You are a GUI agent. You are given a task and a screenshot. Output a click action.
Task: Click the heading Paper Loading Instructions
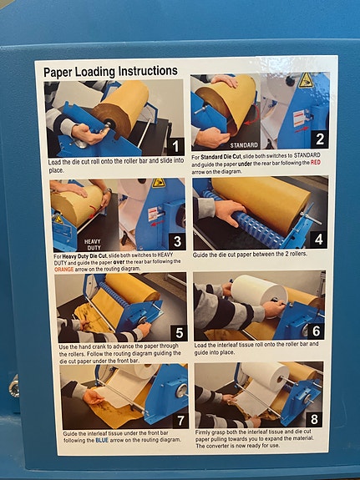click(110, 71)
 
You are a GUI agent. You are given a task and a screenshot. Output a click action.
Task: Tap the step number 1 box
click(175, 146)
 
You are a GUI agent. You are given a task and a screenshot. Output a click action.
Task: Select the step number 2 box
click(320, 139)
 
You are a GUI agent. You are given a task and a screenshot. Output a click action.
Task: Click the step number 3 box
click(177, 241)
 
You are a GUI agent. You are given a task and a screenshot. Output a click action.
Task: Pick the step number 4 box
click(318, 240)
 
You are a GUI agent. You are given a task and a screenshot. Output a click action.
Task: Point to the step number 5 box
click(180, 332)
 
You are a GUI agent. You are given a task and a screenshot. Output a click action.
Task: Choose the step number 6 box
click(316, 331)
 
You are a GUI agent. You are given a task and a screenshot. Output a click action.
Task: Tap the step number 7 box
click(180, 420)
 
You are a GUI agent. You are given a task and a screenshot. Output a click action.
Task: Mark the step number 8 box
click(314, 419)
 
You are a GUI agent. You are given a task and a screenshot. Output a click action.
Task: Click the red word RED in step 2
click(316, 163)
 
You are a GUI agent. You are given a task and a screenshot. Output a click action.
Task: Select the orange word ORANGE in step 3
click(64, 270)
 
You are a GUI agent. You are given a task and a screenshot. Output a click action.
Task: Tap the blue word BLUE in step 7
click(102, 440)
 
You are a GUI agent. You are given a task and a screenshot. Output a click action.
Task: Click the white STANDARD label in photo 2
click(244, 144)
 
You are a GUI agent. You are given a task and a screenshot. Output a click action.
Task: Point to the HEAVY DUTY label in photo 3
click(92, 245)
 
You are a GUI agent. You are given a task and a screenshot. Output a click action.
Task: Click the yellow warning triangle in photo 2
click(306, 80)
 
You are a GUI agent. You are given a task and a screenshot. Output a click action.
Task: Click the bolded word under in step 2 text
click(245, 164)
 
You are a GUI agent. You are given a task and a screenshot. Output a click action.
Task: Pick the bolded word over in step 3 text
click(119, 262)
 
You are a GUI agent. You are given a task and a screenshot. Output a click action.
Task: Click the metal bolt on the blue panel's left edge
click(14, 386)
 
